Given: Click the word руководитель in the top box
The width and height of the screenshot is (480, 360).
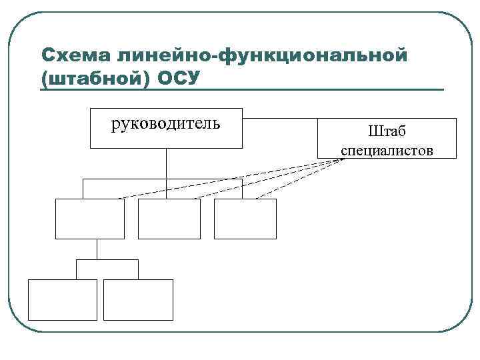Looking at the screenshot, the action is tap(165, 123).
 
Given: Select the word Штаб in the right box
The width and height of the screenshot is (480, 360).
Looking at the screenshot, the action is tap(387, 131).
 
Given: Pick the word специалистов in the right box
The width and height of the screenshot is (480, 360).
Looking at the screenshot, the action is tap(387, 150).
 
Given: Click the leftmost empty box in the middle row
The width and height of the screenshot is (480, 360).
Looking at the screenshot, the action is tap(90, 219).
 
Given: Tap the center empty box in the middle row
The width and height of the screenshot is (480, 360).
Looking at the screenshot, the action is tap(169, 219).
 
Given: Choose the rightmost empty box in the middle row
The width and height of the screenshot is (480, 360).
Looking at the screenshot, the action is tap(245, 219).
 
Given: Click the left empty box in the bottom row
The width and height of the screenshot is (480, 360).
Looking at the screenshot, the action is tap(62, 300).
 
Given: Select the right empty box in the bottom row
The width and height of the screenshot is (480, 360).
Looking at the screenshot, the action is tap(138, 300).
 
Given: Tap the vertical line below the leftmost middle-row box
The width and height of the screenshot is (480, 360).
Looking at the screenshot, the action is tap(97, 249).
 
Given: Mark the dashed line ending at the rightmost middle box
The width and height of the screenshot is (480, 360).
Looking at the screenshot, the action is tap(300, 179).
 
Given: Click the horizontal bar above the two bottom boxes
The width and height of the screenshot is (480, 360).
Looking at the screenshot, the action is tap(107, 260).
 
